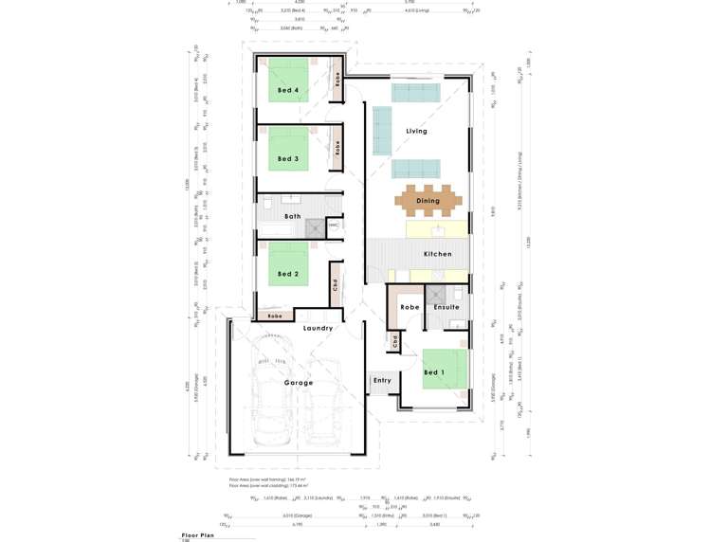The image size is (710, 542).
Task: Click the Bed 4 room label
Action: pos(288,91)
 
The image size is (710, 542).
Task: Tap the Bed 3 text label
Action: pos(288,158)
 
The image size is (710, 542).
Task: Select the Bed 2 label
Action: pos(288,274)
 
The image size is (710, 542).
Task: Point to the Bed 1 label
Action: pos(433,372)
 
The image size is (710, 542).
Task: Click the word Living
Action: pos(416,131)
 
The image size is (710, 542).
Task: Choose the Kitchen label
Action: pos(437,254)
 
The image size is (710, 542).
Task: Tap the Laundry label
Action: pos(318,328)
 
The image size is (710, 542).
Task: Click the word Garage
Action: pos(299,383)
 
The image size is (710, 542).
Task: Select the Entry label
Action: pos(382,380)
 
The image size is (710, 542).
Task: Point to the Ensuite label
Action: pos(446,307)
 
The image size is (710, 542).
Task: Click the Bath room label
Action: pos(293,216)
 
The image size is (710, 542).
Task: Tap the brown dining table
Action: pos(428,201)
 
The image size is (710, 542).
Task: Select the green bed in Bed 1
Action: pos(445,370)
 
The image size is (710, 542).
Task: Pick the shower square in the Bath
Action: pos(315,227)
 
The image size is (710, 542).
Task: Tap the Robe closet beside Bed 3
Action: pos(337,149)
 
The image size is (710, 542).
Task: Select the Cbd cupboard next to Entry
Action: pos(393,340)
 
